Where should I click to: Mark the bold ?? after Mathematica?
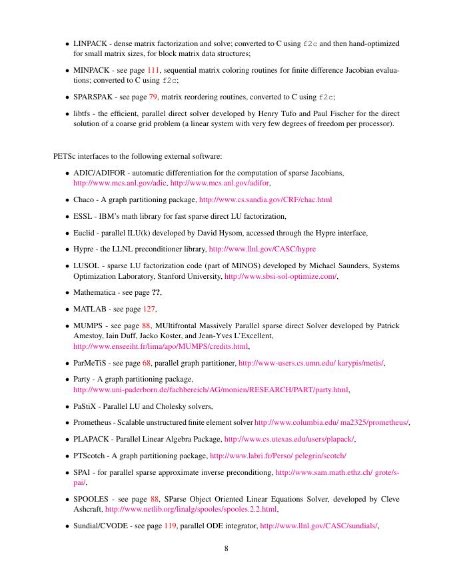point(156,292)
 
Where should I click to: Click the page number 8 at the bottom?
point(226,549)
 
